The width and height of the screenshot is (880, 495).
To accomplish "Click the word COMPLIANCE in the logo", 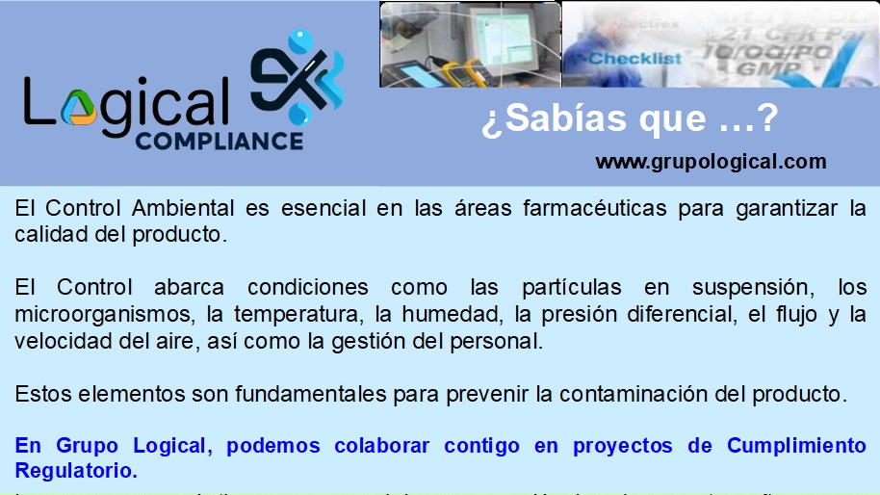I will tap(219, 141).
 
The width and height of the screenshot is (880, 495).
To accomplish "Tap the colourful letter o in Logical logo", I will tap(79, 105).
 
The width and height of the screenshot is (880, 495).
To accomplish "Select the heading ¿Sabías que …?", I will tap(630, 119).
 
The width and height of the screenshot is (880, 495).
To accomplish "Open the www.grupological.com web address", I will tap(711, 162).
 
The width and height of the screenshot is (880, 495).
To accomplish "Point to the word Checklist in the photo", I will tap(634, 59).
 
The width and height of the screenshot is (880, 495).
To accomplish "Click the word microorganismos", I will tap(89, 314).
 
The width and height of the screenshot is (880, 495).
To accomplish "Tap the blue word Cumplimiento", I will tap(796, 446).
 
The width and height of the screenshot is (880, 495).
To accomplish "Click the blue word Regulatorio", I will tap(76, 471).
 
